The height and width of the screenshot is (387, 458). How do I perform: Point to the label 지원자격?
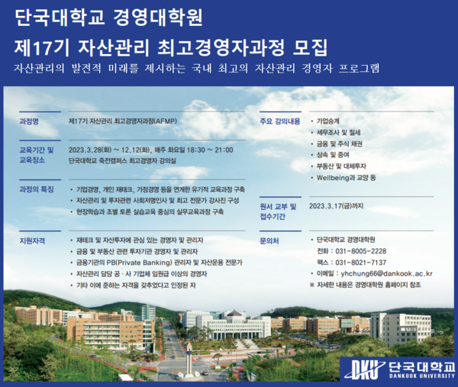[x=33, y=240]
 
